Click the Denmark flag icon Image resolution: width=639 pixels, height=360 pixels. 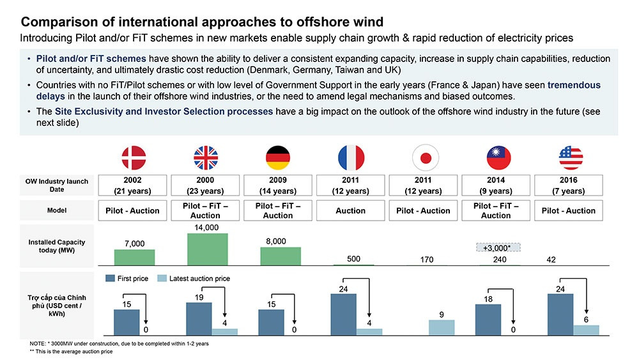tap(134, 157)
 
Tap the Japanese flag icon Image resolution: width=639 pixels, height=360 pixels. tap(423, 157)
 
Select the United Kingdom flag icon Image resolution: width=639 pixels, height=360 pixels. tap(205, 157)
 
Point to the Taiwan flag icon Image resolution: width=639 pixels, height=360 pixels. tap(495, 157)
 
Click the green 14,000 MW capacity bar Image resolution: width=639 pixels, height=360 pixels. tap(207, 249)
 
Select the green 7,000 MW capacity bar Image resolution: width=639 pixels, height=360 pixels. tap(134, 256)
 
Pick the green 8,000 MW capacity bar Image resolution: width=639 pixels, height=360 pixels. tap(280, 255)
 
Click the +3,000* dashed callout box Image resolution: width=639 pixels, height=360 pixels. tap(498, 247)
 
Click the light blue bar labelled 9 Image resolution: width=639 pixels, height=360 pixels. tap(442, 327)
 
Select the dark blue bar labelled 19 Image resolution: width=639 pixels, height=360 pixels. tap(199, 318)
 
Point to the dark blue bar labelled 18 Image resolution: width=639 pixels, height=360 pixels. tap(488, 318)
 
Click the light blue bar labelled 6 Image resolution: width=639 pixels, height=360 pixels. tap(586, 329)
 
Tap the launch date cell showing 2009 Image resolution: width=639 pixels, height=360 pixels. tap(278, 185)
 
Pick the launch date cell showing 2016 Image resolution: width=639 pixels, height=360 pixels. tap(568, 185)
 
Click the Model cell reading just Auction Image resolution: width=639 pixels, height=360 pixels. tap(350, 210)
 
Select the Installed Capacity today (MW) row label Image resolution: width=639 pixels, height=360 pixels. tap(56, 246)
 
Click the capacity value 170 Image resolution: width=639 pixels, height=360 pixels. tap(423, 260)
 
